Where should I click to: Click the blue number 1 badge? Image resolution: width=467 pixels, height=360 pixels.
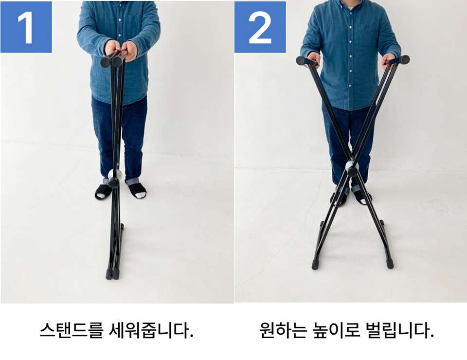pyautogui.click(x=26, y=27)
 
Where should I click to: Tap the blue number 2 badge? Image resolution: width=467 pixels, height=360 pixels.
pyautogui.click(x=260, y=27)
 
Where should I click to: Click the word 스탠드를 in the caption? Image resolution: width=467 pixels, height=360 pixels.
pyautogui.click(x=72, y=330)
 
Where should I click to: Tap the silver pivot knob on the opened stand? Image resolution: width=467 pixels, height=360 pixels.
pyautogui.click(x=352, y=165)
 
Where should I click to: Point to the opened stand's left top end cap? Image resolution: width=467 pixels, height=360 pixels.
pyautogui.click(x=302, y=61)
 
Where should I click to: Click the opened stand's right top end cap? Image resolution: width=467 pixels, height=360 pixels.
pyautogui.click(x=404, y=59)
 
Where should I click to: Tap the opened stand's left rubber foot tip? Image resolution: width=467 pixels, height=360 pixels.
pyautogui.click(x=315, y=265)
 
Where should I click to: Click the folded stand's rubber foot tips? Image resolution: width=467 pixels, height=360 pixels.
pyautogui.click(x=112, y=274)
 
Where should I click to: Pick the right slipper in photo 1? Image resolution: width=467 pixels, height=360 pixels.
pyautogui.click(x=137, y=190)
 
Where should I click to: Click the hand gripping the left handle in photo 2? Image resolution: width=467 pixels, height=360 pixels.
pyautogui.click(x=313, y=59)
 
